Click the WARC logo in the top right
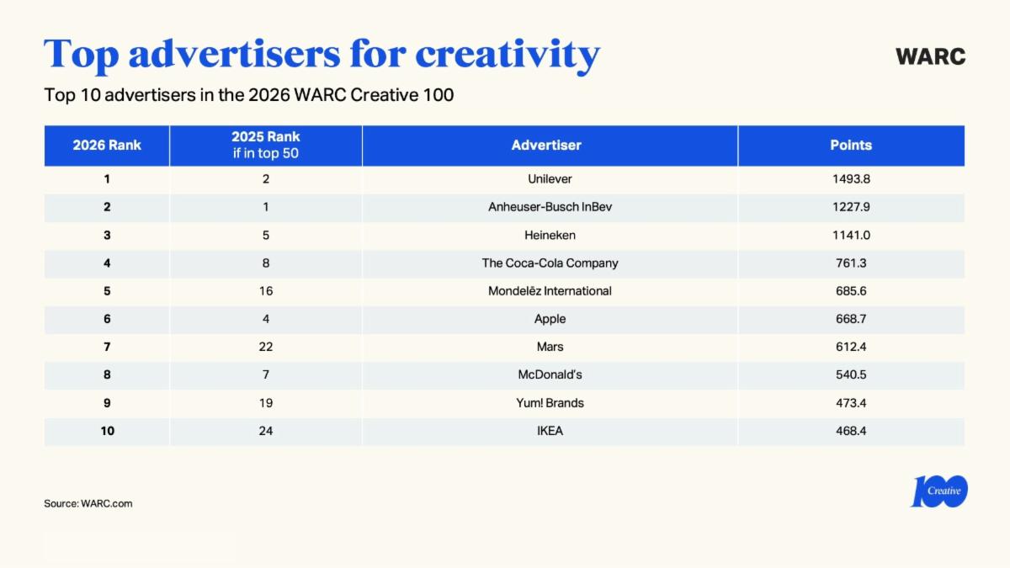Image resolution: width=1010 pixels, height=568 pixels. pyautogui.click(x=930, y=56)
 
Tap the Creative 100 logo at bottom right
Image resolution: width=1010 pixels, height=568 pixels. pyautogui.click(x=938, y=491)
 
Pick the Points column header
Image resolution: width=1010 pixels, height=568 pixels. pyautogui.click(x=850, y=145)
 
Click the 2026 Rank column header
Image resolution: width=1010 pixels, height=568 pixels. pyautogui.click(x=107, y=145)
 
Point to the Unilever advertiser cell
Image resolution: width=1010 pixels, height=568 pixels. pyautogui.click(x=550, y=179)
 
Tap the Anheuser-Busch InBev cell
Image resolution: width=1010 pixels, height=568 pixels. pyautogui.click(x=550, y=207)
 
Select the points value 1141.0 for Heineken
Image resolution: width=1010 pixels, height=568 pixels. pyautogui.click(x=851, y=235)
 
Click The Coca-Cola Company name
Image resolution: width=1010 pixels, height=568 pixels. pyautogui.click(x=550, y=263)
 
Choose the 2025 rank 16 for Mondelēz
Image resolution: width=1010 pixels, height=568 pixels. pyautogui.click(x=266, y=291)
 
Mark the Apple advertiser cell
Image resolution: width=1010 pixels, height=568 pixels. pyautogui.click(x=550, y=319)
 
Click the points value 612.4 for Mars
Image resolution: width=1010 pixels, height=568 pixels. pyautogui.click(x=851, y=347)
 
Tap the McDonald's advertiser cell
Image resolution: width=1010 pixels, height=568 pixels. pyautogui.click(x=550, y=374)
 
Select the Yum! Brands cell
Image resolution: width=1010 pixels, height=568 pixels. pyautogui.click(x=550, y=403)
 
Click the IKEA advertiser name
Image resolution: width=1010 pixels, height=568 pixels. pyautogui.click(x=550, y=431)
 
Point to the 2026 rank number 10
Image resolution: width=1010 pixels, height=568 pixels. pyautogui.click(x=107, y=431)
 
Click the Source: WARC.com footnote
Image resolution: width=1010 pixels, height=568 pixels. pyautogui.click(x=88, y=503)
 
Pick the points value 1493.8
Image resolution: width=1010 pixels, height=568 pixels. pyautogui.click(x=851, y=179)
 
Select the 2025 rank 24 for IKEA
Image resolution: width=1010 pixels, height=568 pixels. pyautogui.click(x=266, y=431)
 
